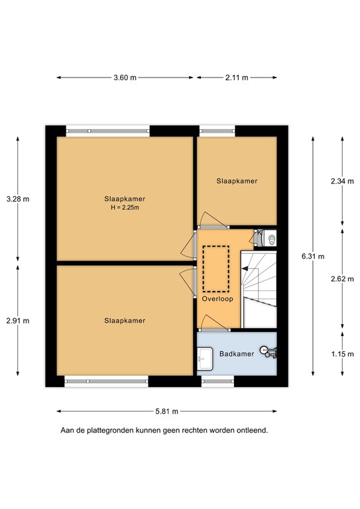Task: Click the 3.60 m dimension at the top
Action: point(125,78)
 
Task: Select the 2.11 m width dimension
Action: point(236,78)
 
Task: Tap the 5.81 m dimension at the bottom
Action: point(166,411)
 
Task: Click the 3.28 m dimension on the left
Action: point(17,198)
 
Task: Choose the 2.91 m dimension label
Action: point(17,321)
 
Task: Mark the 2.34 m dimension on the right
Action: point(342,180)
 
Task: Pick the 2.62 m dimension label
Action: point(342,279)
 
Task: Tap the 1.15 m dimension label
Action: point(342,354)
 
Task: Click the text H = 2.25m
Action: point(125,207)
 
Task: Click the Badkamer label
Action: point(237,354)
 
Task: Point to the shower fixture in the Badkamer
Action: point(265,349)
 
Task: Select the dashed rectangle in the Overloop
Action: point(215,268)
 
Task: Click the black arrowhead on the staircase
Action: point(245,268)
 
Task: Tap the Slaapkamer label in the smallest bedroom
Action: point(237,180)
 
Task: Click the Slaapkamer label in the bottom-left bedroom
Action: point(125,321)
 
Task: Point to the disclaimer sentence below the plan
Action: point(164,430)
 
